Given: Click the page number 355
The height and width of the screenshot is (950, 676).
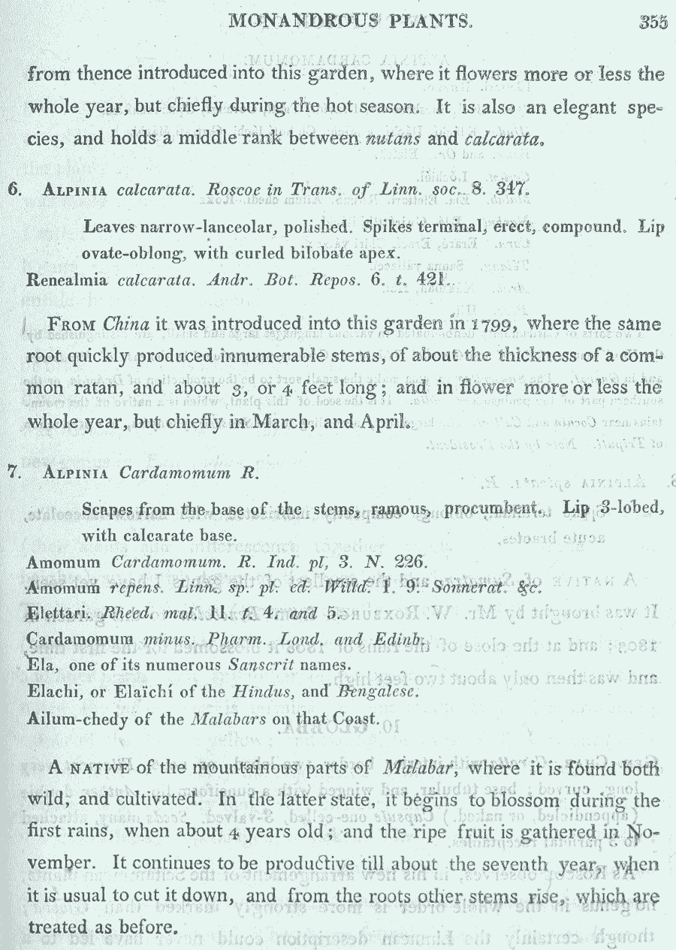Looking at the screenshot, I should [x=653, y=23].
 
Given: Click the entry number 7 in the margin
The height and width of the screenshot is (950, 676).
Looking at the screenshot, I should [x=13, y=473].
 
